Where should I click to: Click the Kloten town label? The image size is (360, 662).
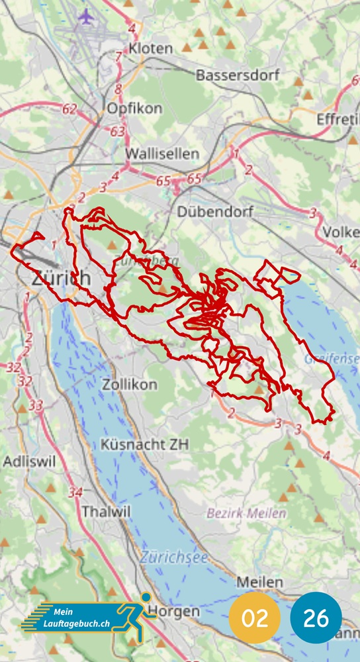coord(152,48)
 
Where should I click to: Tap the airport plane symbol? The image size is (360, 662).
coord(85,17)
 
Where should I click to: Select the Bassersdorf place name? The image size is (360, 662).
coord(238,75)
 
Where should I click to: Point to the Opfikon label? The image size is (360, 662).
coord(134,108)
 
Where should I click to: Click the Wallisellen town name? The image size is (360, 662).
coord(162,154)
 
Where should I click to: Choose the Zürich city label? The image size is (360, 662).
coord(61,278)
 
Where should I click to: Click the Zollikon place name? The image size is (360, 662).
coord(130,384)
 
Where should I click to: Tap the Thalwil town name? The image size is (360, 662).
coord(107,511)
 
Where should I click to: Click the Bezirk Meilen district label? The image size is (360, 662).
coord(247,513)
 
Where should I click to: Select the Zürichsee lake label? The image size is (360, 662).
coord(173,557)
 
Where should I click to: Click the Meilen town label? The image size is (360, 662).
coord(260,583)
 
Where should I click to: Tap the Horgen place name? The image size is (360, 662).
coord(174,611)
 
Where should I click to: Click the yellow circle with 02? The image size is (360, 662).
coord(255,618)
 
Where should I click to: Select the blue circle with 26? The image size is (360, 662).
coord(316,618)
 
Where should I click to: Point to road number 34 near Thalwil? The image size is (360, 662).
coord(76,493)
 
